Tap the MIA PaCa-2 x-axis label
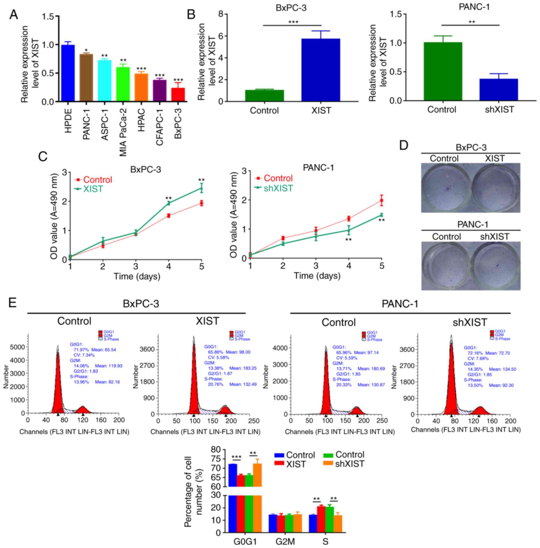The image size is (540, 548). [123, 133]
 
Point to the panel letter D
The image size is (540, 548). [404, 146]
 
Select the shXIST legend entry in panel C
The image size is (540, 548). [278, 188]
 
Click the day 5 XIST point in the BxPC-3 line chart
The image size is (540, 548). [201, 189]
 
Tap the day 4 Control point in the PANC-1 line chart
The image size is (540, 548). [349, 218]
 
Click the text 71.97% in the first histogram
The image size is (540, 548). [80, 350]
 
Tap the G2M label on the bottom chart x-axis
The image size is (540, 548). [285, 541]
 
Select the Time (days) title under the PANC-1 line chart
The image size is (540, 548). [317, 275]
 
